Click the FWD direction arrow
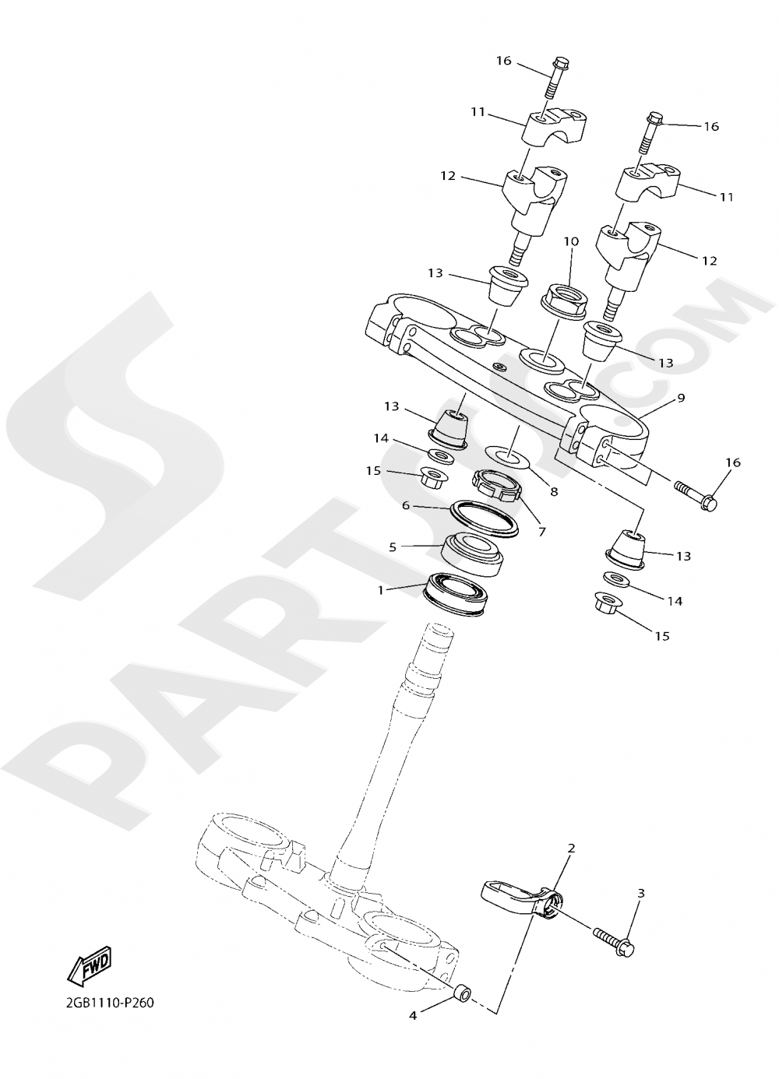click(x=90, y=964)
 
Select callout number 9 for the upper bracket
click(x=681, y=398)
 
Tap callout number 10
click(x=571, y=241)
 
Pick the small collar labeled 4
click(x=461, y=993)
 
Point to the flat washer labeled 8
click(x=506, y=455)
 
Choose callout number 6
click(x=406, y=504)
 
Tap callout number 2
click(x=571, y=848)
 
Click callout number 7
click(x=541, y=532)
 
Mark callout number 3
click(x=640, y=893)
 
